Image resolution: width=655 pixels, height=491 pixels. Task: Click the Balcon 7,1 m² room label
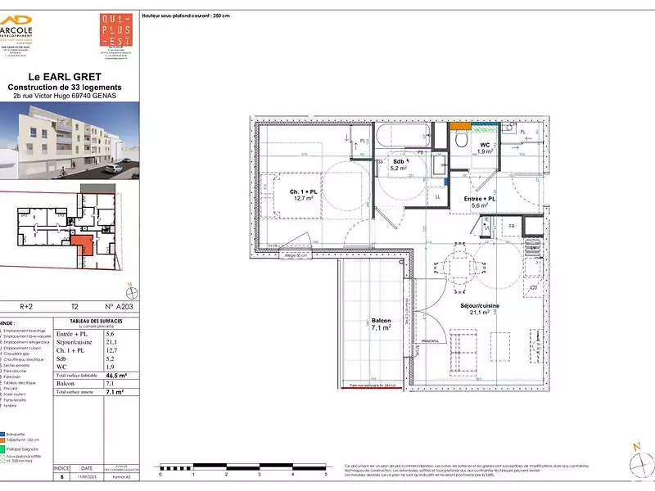(381, 325)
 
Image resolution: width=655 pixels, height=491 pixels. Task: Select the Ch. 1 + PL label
(303, 195)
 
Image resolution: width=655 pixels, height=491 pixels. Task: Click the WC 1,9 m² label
(485, 148)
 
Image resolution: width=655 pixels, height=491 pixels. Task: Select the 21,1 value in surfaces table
(110, 342)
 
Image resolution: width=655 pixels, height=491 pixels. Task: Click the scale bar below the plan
(243, 469)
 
